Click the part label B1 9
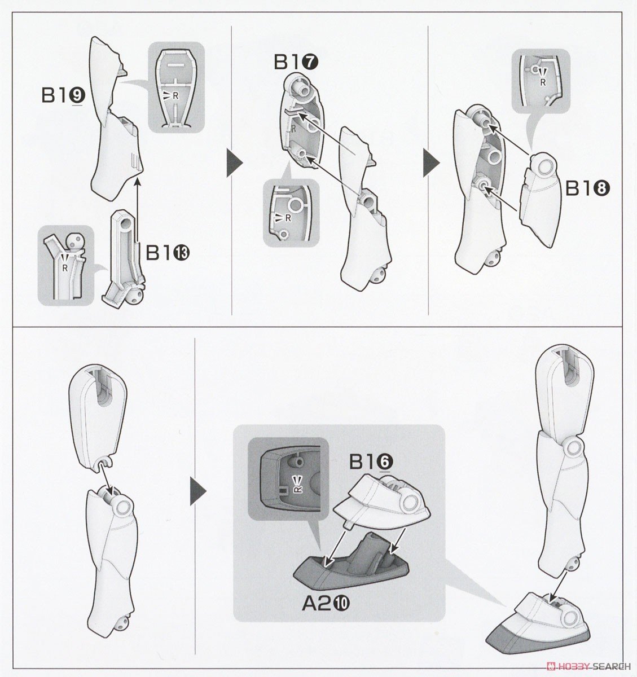click(63, 96)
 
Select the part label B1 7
click(296, 63)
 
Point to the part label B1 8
click(587, 188)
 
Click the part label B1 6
click(371, 462)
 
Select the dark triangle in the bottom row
click(198, 491)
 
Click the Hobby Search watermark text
click(589, 666)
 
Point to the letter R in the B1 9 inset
click(175, 96)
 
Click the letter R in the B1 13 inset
click(65, 269)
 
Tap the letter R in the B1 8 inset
click(543, 82)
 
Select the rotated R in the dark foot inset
click(298, 489)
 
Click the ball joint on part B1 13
click(135, 294)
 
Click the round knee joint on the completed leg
click(574, 447)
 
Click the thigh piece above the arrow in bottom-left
click(98, 415)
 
